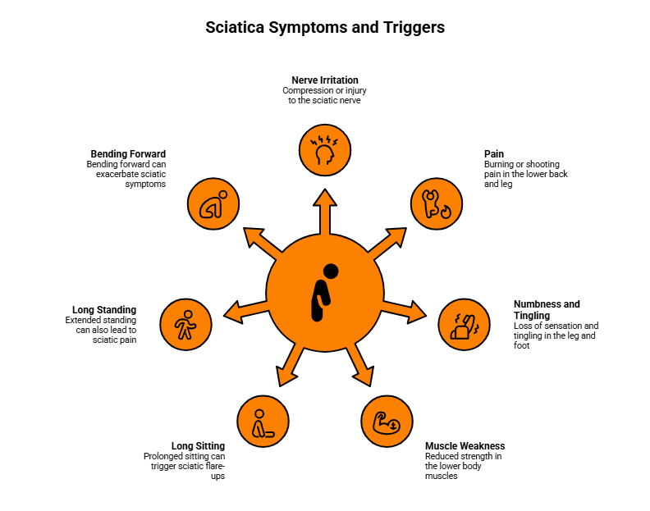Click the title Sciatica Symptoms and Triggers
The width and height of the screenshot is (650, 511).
[x=325, y=27]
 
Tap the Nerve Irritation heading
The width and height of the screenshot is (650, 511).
[x=325, y=80]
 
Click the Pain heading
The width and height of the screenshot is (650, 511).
[x=494, y=153]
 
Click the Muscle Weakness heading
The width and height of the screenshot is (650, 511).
[x=465, y=446]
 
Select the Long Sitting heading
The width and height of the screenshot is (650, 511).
[x=198, y=446]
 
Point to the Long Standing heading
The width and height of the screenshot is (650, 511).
[x=104, y=309]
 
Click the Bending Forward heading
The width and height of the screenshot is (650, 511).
[x=128, y=153]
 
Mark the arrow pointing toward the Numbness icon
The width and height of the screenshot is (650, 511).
[x=405, y=310]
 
